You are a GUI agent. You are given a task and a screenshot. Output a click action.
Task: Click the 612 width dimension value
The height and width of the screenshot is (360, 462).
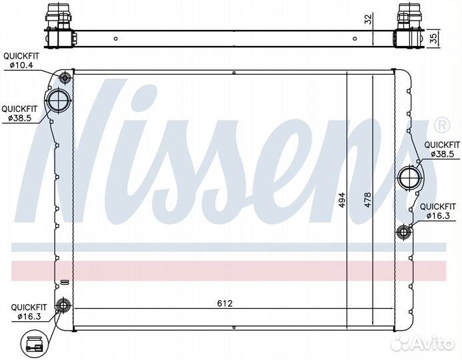(225, 303)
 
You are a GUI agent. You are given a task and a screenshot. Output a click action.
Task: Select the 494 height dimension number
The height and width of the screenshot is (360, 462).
(341, 200)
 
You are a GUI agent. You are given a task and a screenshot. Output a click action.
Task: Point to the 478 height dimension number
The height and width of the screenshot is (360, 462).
(367, 200)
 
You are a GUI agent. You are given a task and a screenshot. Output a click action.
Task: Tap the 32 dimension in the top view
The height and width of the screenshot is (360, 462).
(369, 19)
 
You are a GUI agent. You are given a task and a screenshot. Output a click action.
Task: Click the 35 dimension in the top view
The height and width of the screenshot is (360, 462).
(433, 38)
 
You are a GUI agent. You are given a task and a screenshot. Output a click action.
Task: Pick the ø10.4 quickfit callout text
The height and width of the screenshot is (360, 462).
(21, 61)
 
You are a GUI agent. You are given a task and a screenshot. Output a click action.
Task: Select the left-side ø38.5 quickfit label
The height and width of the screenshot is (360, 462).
(19, 113)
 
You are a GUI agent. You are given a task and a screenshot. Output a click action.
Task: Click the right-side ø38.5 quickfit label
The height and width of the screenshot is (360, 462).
(442, 149)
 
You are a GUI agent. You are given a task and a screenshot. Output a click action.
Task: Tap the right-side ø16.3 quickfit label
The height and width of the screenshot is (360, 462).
(438, 211)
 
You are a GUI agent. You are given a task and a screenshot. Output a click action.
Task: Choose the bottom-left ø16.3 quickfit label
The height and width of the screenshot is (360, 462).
(29, 312)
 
